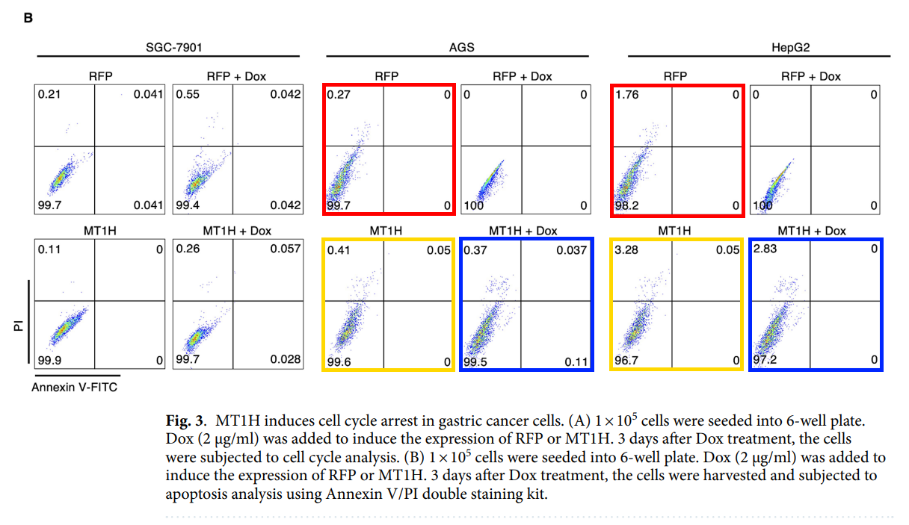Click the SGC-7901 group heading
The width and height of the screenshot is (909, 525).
(173, 47)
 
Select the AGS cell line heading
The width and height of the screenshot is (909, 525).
(461, 47)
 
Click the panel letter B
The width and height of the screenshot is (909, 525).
(28, 17)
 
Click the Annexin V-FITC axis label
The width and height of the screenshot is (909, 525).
(74, 387)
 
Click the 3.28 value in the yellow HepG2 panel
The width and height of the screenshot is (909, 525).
(626, 249)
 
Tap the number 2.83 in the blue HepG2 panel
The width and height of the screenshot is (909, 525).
(765, 249)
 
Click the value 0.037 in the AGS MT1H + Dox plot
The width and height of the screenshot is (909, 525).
(572, 249)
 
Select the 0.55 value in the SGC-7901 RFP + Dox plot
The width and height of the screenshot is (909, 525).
(188, 95)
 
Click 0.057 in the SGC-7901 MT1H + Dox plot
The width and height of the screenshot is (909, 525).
(286, 249)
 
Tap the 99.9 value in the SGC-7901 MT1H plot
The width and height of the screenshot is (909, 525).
(50, 360)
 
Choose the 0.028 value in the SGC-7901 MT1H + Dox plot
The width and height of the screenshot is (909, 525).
(286, 360)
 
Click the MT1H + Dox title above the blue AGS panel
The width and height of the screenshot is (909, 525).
(523, 231)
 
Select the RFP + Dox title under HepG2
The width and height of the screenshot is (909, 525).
(811, 76)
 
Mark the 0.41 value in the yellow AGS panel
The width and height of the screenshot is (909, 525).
(339, 249)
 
